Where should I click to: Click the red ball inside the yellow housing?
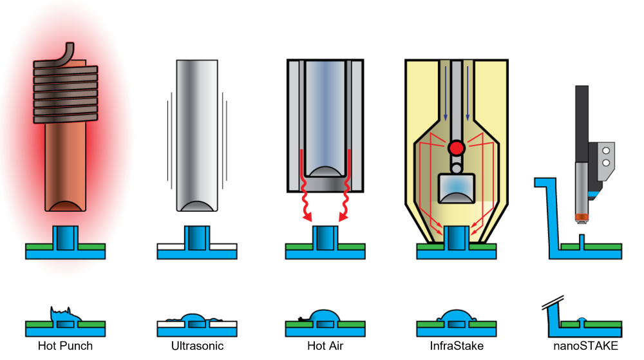click(457, 148)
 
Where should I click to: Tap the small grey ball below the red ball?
click(456, 168)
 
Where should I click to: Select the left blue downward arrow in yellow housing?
click(446, 93)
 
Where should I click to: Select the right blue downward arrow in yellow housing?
click(468, 93)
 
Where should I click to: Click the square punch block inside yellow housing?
click(456, 189)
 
